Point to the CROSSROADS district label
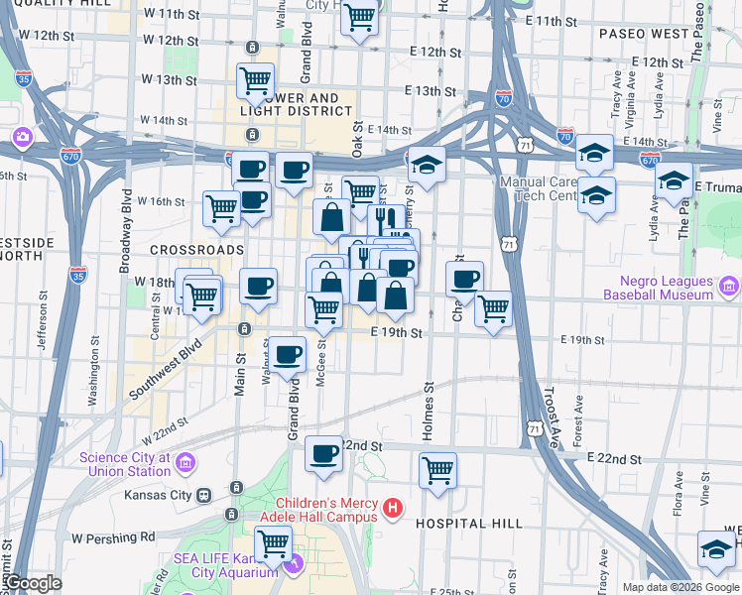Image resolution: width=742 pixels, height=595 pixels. click(x=196, y=249)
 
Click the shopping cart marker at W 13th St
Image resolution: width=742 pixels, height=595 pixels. click(x=256, y=79)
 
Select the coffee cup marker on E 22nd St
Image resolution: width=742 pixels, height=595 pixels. click(x=323, y=452)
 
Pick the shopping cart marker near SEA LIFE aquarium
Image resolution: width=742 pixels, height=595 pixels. click(x=273, y=542)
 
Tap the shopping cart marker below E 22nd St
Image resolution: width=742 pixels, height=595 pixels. click(x=437, y=469)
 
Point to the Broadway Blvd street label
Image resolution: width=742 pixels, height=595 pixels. click(x=126, y=232)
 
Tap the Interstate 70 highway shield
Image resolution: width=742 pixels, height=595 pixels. click(x=503, y=97)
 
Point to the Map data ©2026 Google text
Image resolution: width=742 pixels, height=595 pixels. click(x=680, y=587)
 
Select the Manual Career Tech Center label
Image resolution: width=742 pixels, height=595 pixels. click(x=539, y=188)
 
